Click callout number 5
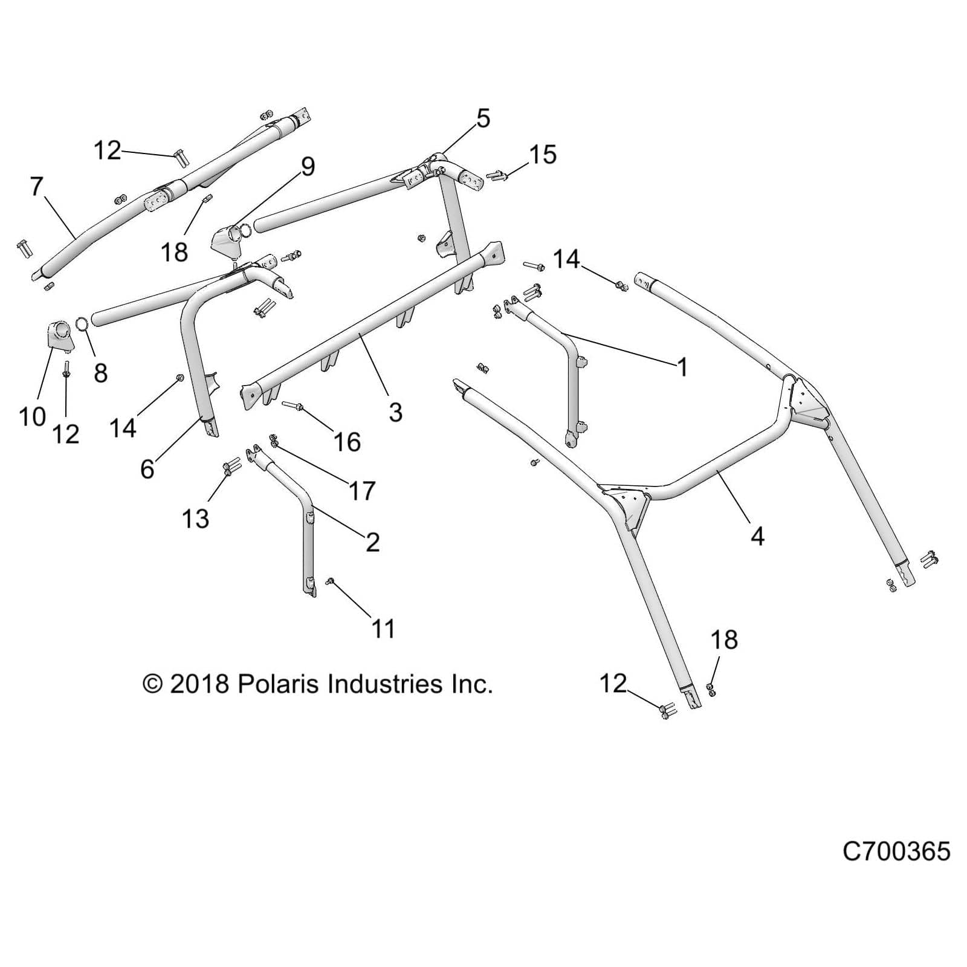click(x=483, y=118)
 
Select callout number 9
click(x=308, y=166)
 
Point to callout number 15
click(x=542, y=155)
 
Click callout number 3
click(x=395, y=412)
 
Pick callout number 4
click(x=757, y=535)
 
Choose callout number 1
click(x=682, y=367)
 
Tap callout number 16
click(x=347, y=442)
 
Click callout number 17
click(x=362, y=491)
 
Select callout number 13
click(x=195, y=518)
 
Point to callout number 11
click(x=383, y=629)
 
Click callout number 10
click(x=32, y=416)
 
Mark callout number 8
click(x=101, y=373)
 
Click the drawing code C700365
click(x=896, y=851)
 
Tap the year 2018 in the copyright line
click(x=199, y=684)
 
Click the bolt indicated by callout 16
click(x=294, y=406)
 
